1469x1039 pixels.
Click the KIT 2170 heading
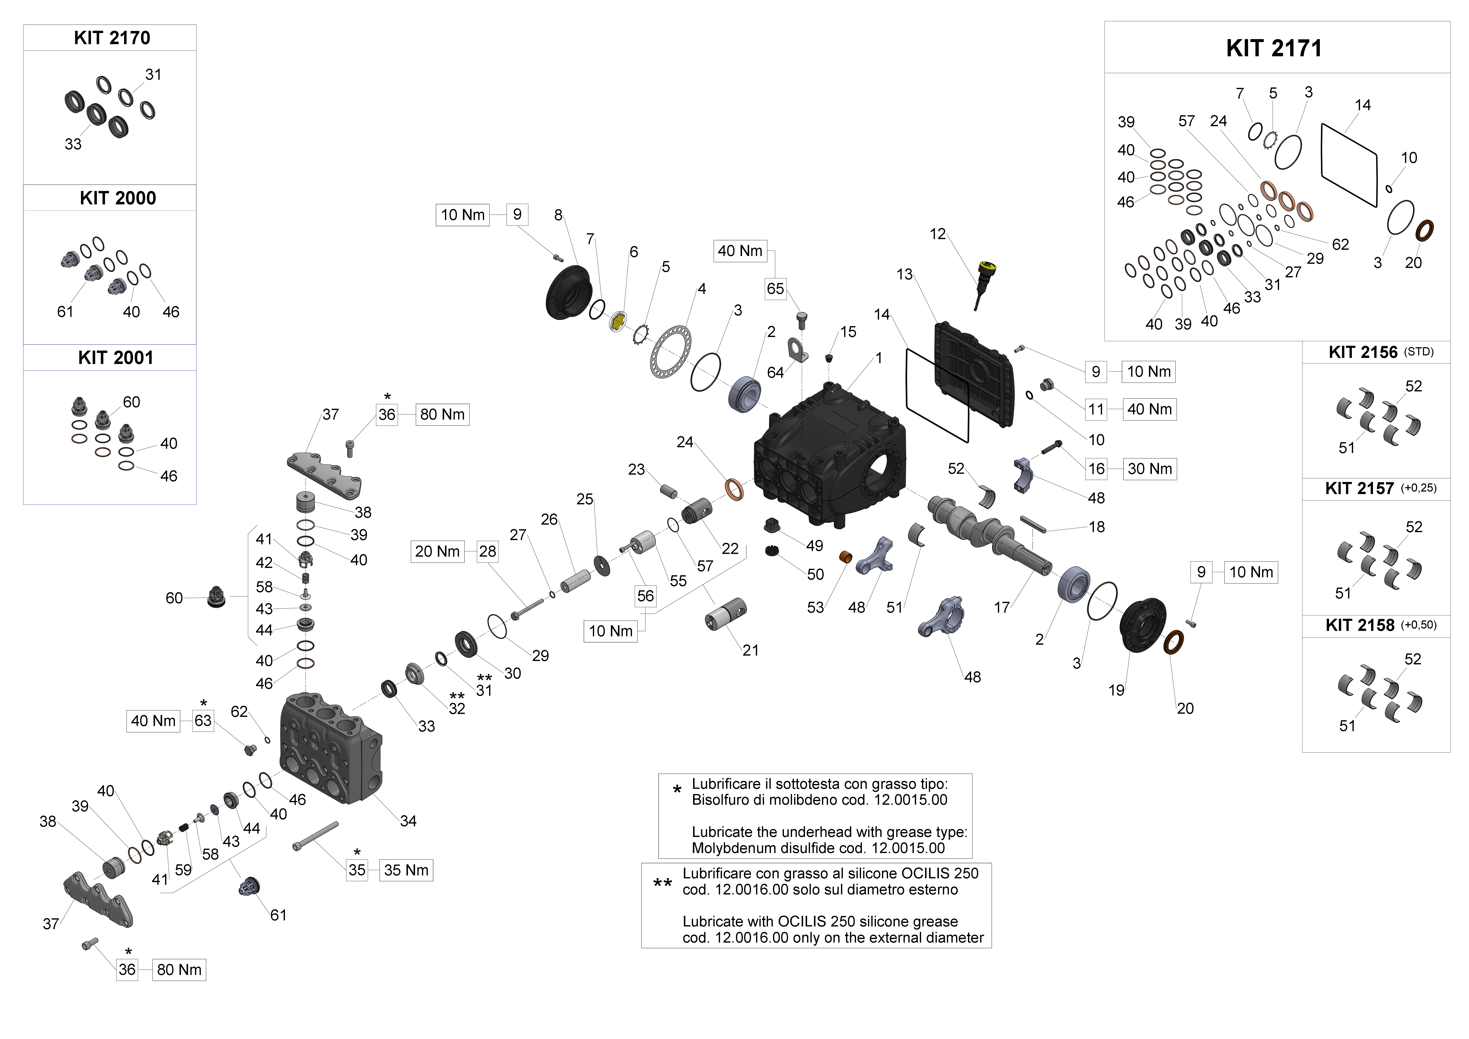(112, 38)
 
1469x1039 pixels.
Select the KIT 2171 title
(1273, 48)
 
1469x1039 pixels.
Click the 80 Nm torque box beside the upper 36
(442, 415)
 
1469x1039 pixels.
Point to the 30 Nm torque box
(1150, 469)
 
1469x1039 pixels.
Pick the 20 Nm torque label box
(437, 551)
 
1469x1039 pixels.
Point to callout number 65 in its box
(775, 288)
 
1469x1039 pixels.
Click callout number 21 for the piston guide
(750, 651)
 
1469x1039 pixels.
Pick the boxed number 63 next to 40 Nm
(203, 721)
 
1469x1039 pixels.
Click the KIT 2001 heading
(116, 358)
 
